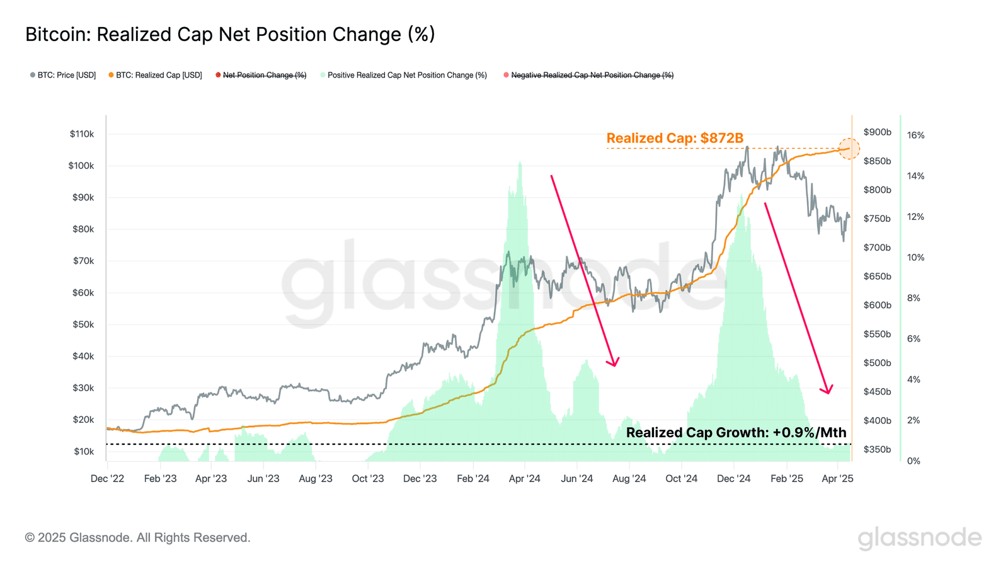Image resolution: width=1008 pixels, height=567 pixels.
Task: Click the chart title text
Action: click(x=230, y=34)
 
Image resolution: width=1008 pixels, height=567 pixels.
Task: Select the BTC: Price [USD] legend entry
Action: click(x=63, y=75)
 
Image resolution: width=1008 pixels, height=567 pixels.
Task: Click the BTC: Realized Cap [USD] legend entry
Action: click(x=156, y=75)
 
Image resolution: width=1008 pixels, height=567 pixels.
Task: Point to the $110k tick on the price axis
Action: click(x=82, y=134)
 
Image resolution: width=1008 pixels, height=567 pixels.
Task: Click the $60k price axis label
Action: click(x=83, y=292)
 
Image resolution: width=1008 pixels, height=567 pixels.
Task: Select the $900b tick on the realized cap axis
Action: click(x=877, y=132)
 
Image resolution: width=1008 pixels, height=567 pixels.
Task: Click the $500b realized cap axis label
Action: click(x=877, y=363)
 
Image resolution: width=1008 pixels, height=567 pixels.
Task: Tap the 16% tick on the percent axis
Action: click(x=915, y=135)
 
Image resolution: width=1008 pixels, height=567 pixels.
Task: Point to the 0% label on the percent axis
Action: click(x=913, y=461)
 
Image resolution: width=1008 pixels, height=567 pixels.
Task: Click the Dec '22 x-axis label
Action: click(x=107, y=479)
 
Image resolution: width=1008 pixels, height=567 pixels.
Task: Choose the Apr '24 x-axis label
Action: click(x=525, y=479)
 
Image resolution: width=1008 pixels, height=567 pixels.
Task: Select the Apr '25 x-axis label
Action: click(x=837, y=479)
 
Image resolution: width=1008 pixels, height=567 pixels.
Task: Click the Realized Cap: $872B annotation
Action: click(x=675, y=138)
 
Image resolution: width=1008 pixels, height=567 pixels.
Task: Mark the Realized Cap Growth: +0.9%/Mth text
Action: click(x=736, y=432)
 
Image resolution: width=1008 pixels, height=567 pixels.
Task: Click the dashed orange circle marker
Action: click(x=849, y=149)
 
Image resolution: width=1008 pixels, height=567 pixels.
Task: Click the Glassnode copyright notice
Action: click(x=137, y=537)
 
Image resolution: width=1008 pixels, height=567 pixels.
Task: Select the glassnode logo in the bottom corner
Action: click(x=919, y=538)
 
